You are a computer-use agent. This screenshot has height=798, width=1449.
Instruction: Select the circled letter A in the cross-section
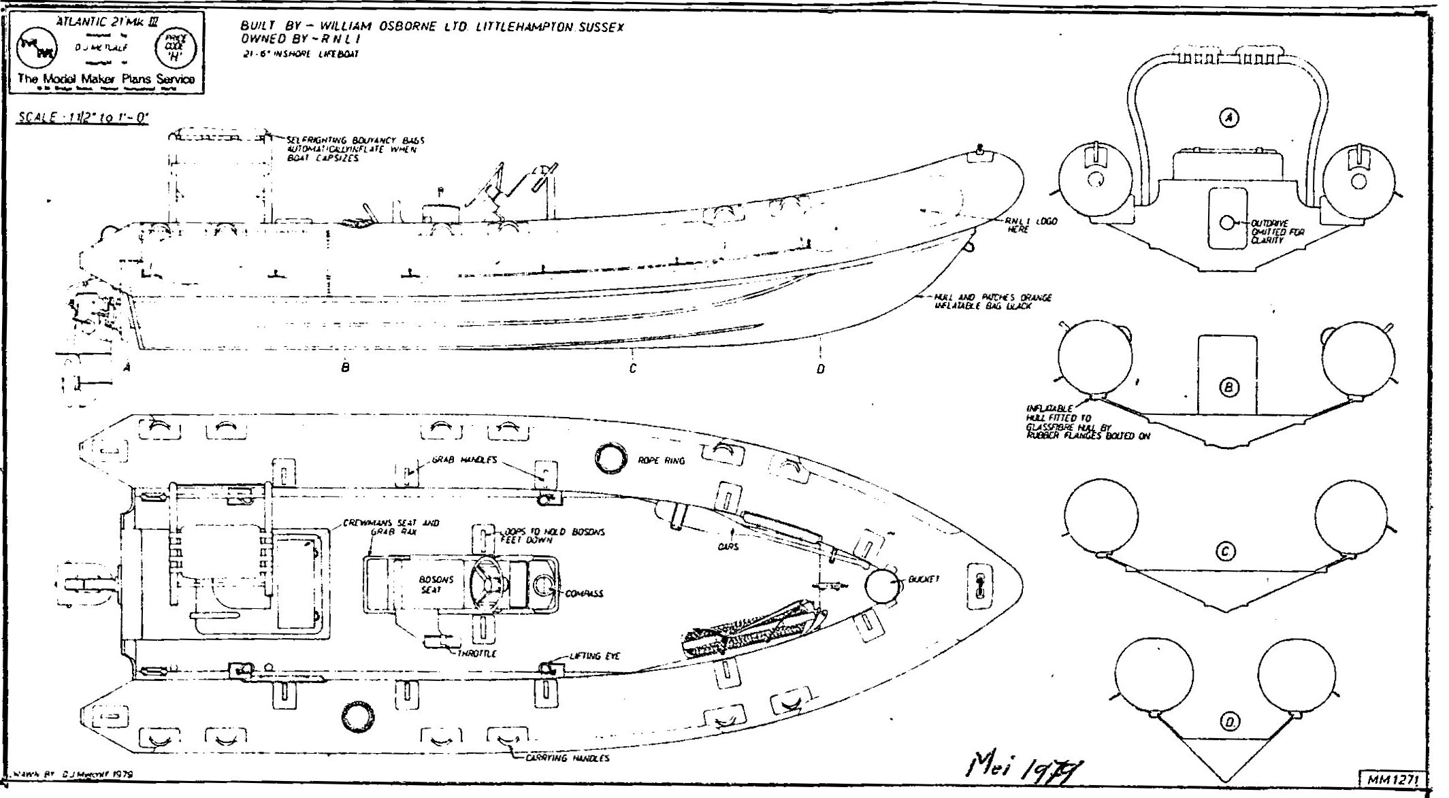point(1228,118)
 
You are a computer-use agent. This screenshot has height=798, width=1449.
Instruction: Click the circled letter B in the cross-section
point(1228,388)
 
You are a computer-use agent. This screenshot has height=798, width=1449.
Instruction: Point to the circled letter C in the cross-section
point(1225,551)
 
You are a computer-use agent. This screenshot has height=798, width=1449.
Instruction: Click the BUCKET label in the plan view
point(924,580)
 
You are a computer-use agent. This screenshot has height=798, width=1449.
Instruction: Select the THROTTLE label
point(476,653)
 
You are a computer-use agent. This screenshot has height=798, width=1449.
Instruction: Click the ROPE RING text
point(661,461)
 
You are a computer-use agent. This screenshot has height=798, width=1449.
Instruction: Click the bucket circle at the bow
point(882,585)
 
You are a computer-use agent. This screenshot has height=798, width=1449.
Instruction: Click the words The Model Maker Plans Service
point(106,79)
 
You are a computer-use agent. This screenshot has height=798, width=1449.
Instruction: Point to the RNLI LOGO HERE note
point(1030,225)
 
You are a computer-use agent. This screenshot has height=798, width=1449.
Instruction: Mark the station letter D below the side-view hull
point(821,369)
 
